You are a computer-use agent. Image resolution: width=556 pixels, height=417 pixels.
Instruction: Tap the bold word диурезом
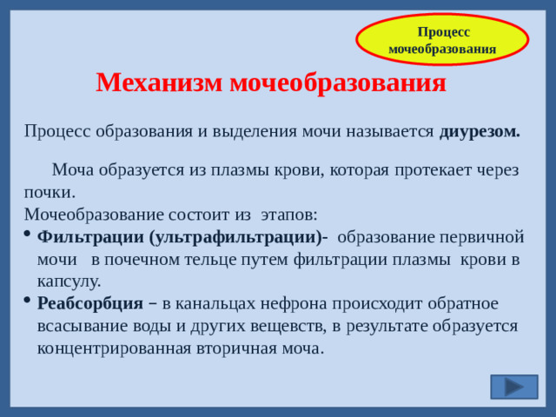click(x=480, y=131)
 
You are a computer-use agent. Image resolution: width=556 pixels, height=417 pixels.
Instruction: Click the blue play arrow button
click(x=513, y=387)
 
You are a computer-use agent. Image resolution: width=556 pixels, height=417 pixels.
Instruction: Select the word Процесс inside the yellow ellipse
click(x=443, y=31)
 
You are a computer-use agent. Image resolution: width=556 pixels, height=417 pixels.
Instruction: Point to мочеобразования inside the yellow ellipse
click(x=442, y=49)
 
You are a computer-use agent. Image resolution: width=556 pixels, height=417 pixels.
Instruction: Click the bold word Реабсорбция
click(x=90, y=303)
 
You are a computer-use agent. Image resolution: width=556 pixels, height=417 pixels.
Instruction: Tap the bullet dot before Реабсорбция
click(x=28, y=301)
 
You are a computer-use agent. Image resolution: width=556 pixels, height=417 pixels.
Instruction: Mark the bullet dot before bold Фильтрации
click(x=28, y=235)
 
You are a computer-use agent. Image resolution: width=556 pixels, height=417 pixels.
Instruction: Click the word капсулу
click(x=69, y=281)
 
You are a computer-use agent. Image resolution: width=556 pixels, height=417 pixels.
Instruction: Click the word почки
click(x=49, y=191)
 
